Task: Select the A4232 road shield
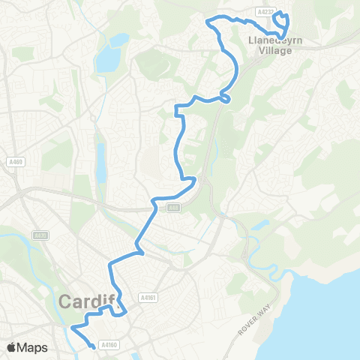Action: point(263,12)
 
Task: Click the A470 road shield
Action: point(40,235)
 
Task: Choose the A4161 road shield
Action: point(147,297)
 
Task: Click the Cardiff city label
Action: point(88,302)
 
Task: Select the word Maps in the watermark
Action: point(34,347)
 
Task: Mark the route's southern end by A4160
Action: point(93,346)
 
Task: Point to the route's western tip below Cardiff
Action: point(72,328)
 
